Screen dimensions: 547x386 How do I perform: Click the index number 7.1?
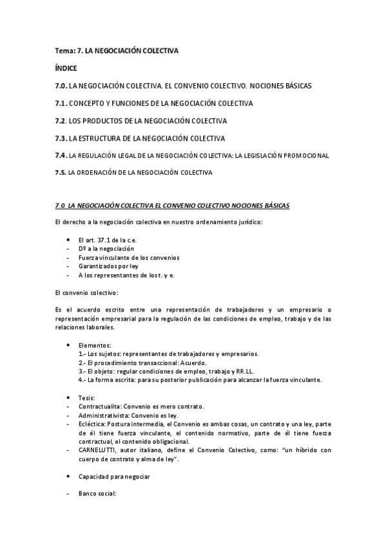(61, 103)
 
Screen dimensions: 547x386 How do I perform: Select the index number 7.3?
(61, 137)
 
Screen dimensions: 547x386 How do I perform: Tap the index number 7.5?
(61, 172)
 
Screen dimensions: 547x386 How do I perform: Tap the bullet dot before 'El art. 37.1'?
(68, 239)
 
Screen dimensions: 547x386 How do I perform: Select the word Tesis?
(87, 397)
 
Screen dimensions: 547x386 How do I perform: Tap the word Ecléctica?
(94, 424)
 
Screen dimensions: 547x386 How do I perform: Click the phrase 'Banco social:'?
(97, 495)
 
